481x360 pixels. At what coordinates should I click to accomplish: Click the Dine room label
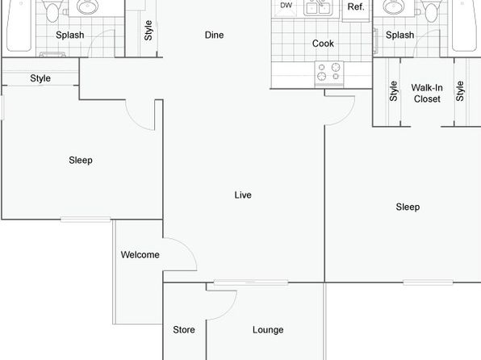[214, 35]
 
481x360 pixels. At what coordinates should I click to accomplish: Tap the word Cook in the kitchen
[323, 44]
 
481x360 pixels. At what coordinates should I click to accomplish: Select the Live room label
[243, 195]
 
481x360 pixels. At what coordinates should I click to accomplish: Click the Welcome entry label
[140, 255]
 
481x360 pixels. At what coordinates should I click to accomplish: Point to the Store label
[184, 329]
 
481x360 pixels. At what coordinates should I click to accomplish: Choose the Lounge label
[268, 330]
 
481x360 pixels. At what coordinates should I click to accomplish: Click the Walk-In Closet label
[427, 94]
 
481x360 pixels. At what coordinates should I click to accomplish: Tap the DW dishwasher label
[286, 5]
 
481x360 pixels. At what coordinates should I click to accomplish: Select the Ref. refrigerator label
[356, 6]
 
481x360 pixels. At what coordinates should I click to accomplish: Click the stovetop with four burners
[329, 73]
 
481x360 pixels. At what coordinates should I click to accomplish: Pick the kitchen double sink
[317, 7]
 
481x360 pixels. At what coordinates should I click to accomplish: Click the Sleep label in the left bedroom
[81, 160]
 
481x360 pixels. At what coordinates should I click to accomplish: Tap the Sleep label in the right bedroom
[408, 207]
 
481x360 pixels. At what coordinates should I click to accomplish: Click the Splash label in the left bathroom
[70, 35]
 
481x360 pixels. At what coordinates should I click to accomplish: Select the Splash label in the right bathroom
[399, 35]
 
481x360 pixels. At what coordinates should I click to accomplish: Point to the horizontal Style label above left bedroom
[40, 78]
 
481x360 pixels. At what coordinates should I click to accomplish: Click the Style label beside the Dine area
[148, 31]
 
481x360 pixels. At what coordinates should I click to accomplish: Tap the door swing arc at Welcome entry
[188, 247]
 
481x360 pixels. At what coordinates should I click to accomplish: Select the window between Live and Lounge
[251, 283]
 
